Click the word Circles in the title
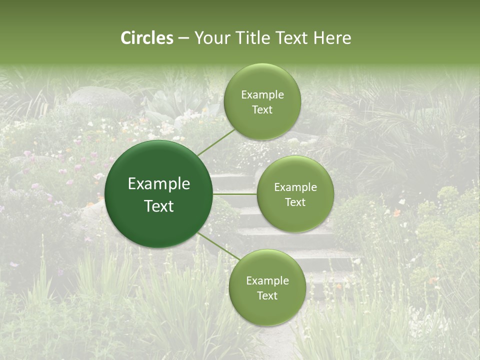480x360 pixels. tap(146, 38)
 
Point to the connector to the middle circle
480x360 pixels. tap(234, 194)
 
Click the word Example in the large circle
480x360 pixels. tap(159, 184)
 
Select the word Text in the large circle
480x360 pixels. tap(159, 206)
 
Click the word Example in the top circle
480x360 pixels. tap(262, 95)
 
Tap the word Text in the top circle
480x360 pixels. tap(262, 110)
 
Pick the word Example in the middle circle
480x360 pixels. tap(295, 187)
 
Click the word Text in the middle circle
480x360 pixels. tap(295, 202)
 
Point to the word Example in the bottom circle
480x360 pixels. tap(267, 280)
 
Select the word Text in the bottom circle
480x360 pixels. tap(267, 295)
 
